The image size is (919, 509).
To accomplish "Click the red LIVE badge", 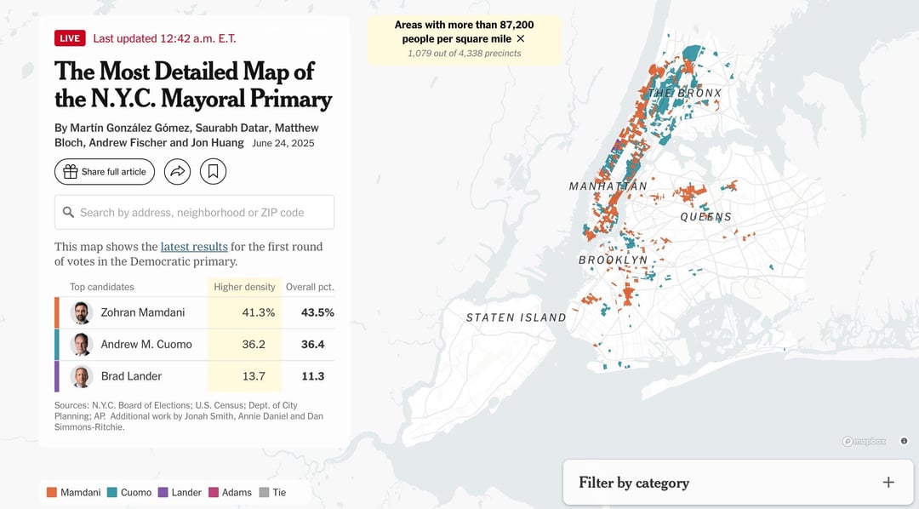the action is tap(70, 38).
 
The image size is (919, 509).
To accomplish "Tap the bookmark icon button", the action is tap(213, 171).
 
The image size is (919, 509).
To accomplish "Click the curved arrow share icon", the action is tap(177, 171).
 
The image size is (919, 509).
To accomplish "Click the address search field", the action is tap(195, 212).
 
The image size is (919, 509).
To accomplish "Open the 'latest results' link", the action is tap(194, 247).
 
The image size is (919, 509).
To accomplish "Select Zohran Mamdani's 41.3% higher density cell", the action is tap(259, 312).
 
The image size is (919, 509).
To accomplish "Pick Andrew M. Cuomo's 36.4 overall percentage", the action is tap(312, 344).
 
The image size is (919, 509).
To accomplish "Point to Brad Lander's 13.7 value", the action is tap(254, 376).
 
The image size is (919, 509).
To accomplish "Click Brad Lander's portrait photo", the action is tap(82, 376).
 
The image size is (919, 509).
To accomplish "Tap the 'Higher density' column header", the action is tap(244, 287).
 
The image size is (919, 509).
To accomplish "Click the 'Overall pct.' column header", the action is tap(310, 287).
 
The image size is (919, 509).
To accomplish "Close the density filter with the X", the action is tap(521, 38).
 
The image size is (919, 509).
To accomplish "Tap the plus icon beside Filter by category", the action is tap(888, 482).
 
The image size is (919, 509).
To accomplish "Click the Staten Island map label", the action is tap(517, 317).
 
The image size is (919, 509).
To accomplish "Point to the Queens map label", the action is tap(705, 217).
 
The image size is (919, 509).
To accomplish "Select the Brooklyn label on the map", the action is tap(613, 260).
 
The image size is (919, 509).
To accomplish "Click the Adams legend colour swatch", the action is tap(214, 493).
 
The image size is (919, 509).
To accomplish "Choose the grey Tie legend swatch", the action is tap(265, 493).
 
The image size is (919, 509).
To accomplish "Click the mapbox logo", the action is tap(864, 441).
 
